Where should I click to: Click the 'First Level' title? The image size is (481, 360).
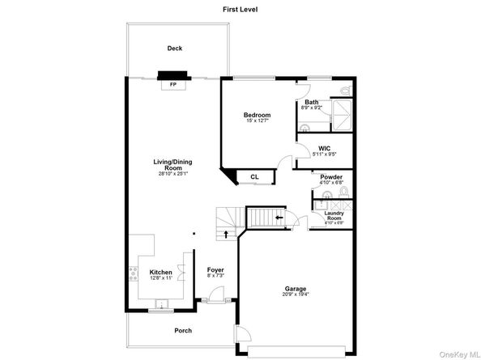click(x=240, y=9)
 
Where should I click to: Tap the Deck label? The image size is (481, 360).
click(x=174, y=49)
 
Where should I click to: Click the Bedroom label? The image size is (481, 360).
click(x=257, y=115)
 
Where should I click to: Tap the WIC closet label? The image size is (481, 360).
click(x=324, y=149)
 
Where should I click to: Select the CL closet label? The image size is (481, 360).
click(x=253, y=176)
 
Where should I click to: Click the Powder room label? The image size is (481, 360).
click(x=331, y=176)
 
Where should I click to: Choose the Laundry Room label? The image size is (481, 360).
click(x=334, y=215)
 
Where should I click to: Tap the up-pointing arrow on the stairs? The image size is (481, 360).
click(x=226, y=235)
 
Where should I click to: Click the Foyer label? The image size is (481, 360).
click(x=215, y=269)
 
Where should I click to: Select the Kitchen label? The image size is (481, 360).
click(x=160, y=273)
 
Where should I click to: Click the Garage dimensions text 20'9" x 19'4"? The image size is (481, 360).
click(x=295, y=294)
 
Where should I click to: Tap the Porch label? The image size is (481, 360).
click(x=183, y=330)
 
